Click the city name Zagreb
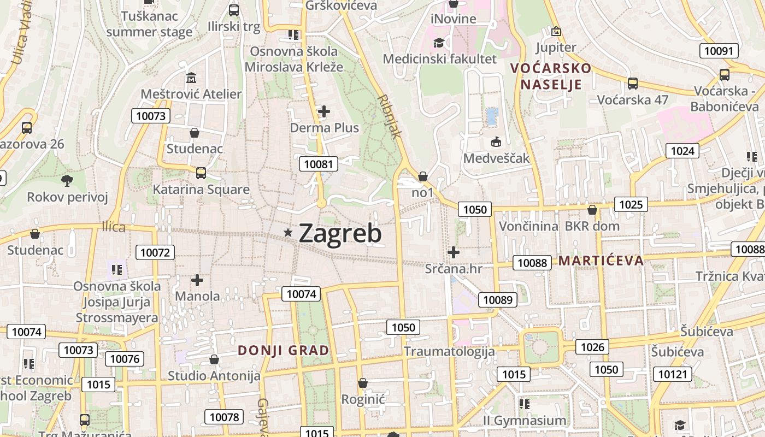tap(340, 233)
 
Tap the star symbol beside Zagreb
tap(288, 233)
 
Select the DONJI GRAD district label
tap(284, 350)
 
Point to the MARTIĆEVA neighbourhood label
tap(600, 260)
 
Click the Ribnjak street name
tap(390, 116)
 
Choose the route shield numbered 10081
tap(319, 164)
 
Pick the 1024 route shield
tap(682, 151)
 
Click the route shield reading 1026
tap(592, 347)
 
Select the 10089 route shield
tap(498, 299)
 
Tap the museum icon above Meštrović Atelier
tap(191, 79)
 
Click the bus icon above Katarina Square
tap(201, 173)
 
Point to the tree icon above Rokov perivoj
tap(68, 180)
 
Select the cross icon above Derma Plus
tap(324, 112)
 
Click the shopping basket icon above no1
tap(422, 176)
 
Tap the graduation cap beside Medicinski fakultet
tap(439, 43)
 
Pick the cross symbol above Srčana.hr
tap(454, 252)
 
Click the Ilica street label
tap(114, 227)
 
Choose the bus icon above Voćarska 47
tap(632, 84)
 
